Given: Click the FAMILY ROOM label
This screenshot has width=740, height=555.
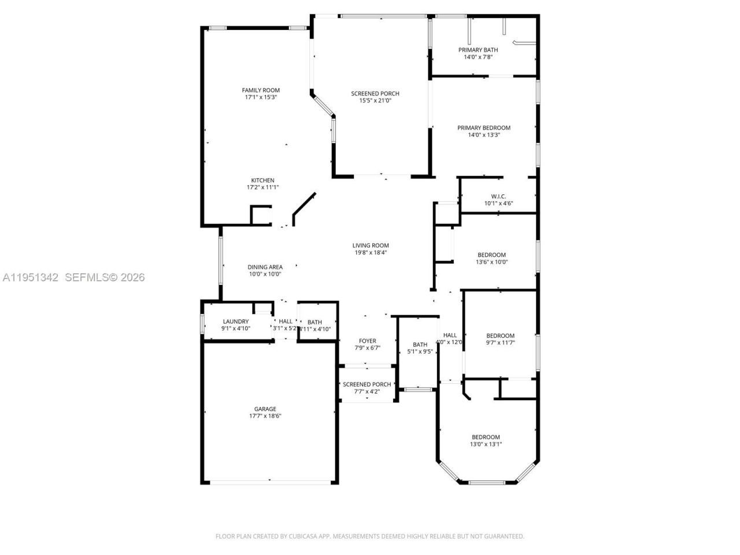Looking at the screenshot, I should (261, 90).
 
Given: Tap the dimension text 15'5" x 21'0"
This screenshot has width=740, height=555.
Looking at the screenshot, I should (375, 101).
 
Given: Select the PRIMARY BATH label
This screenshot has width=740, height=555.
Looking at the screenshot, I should (478, 50).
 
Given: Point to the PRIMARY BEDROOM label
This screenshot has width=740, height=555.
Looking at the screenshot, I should (484, 128).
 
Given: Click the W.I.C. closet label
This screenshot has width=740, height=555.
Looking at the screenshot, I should (498, 196).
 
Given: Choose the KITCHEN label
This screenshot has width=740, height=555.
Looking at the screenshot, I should (262, 180).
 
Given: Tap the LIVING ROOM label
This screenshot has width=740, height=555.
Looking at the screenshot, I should (371, 245).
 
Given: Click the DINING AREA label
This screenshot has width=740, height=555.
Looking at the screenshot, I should (265, 267).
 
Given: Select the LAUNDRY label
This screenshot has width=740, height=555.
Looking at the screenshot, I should (235, 321).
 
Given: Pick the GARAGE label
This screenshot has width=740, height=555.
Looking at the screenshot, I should (265, 409).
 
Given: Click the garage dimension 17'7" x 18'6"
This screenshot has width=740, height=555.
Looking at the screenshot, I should (265, 416).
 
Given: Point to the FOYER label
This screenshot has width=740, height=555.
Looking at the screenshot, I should (367, 341).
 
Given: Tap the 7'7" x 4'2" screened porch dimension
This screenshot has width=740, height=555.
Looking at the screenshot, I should (367, 392).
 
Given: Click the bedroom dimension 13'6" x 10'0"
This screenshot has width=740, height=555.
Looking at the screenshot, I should (491, 262).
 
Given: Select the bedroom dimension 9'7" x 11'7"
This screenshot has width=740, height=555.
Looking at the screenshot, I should (500, 343).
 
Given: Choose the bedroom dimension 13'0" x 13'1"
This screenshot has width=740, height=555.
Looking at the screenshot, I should (486, 445).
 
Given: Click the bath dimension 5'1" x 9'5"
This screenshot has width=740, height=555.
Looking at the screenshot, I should (420, 351).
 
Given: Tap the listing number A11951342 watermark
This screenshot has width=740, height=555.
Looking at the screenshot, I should (31, 277).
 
